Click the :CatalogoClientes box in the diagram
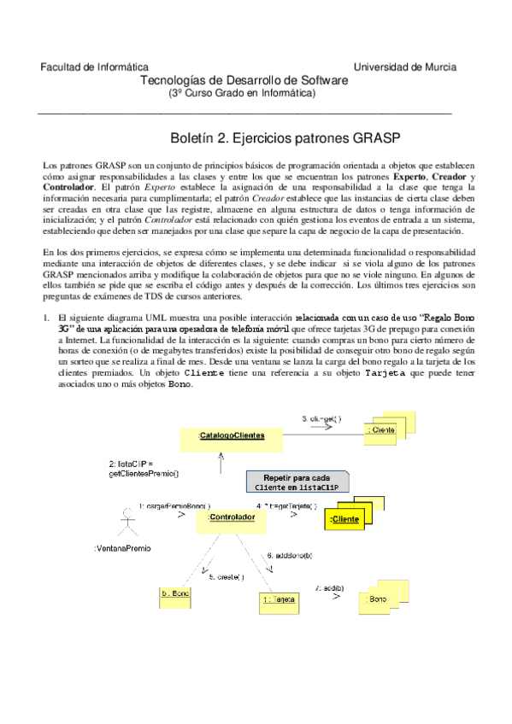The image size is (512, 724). pyautogui.click(x=231, y=436)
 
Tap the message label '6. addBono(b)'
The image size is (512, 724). pyautogui.click(x=295, y=556)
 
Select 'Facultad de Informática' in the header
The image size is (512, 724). pyautogui.click(x=94, y=67)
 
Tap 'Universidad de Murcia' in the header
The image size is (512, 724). pyautogui.click(x=405, y=67)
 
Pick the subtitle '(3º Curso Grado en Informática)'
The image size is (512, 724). pyautogui.click(x=242, y=93)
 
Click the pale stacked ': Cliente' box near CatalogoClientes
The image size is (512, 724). pyautogui.click(x=380, y=430)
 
